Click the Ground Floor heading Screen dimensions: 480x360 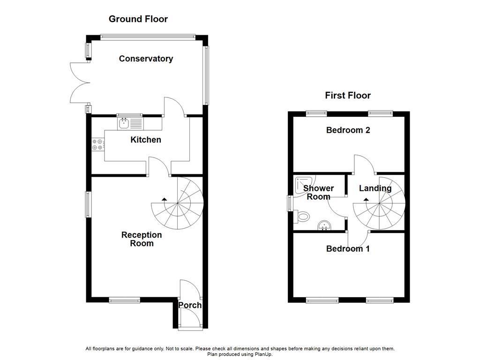(138, 19)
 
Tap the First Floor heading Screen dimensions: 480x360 (348, 96)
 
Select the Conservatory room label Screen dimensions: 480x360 (146, 59)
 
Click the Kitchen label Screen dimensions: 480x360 (146, 140)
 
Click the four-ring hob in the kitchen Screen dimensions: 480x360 (98, 144)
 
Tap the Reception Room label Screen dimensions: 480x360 (142, 239)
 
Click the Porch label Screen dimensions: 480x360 (190, 305)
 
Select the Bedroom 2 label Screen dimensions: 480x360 (348, 130)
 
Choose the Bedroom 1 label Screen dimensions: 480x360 (348, 248)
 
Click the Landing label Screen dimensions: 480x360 (375, 188)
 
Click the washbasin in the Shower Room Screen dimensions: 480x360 (324, 226)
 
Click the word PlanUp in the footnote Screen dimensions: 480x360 (264, 354)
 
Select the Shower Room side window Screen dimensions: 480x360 (290, 203)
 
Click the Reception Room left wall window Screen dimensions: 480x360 (89, 204)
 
